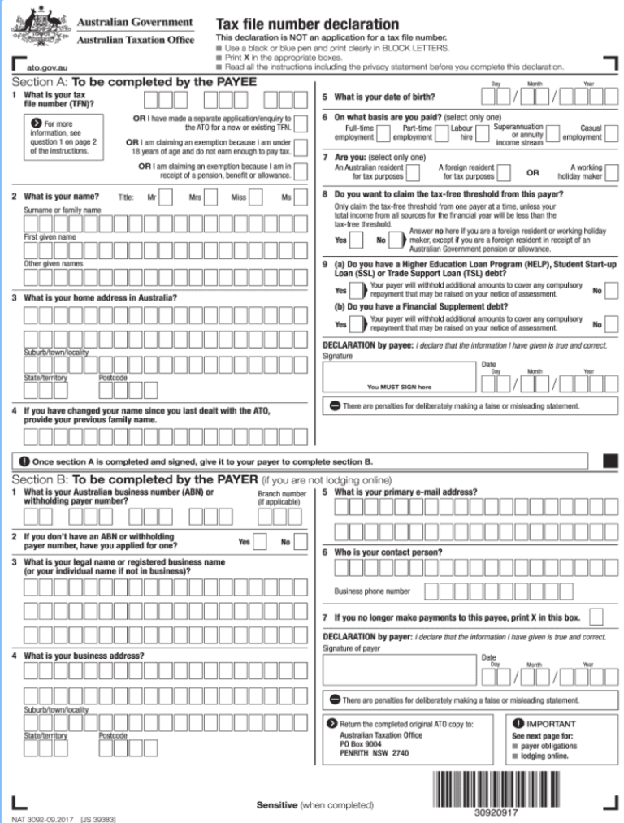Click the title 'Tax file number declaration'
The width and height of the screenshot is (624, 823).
(306, 24)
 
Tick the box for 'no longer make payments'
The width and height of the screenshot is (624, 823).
(596, 617)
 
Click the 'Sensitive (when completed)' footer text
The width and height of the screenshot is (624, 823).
(314, 805)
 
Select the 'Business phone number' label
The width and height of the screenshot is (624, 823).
(372, 591)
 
